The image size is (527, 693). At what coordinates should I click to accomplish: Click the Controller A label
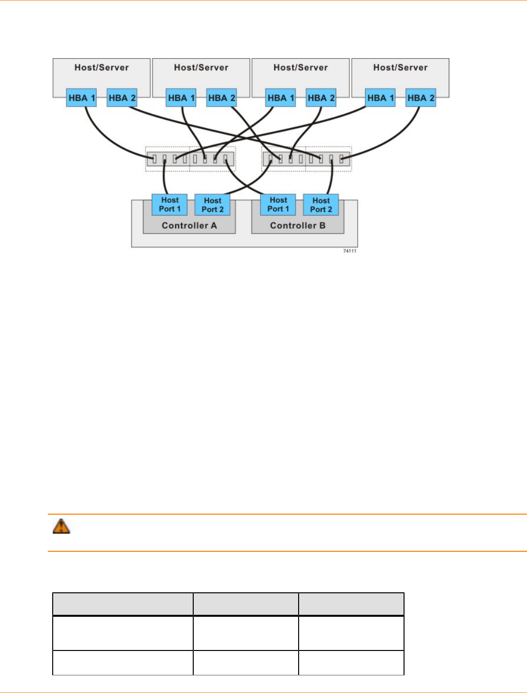tap(189, 225)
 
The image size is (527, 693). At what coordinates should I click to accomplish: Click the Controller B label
tap(298, 225)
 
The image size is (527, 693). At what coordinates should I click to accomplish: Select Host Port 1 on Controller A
tap(170, 204)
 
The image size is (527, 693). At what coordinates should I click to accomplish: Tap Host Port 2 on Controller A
tap(212, 205)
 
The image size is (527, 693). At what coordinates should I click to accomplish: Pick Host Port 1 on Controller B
tap(278, 204)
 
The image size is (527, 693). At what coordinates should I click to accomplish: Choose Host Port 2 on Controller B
tap(321, 205)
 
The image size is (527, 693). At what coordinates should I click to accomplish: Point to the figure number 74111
tap(349, 251)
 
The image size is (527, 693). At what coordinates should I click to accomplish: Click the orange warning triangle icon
tap(61, 526)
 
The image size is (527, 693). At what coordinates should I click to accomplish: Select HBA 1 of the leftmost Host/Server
tap(81, 98)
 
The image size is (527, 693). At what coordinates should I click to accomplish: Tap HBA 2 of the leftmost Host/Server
tap(122, 98)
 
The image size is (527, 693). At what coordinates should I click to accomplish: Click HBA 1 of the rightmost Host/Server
tap(381, 98)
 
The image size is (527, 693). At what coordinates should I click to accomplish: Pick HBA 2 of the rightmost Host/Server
tap(421, 98)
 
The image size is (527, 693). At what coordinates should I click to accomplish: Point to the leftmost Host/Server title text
tap(101, 67)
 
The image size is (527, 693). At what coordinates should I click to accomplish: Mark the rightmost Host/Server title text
tap(400, 67)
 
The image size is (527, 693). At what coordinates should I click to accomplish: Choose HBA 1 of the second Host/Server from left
tap(181, 98)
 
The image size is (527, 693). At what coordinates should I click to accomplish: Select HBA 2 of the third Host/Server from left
tap(321, 98)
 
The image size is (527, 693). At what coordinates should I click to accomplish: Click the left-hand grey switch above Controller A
tap(190, 159)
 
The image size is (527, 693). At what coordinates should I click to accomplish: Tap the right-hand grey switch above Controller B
tap(306, 159)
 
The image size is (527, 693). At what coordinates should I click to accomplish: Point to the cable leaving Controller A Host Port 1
tap(165, 181)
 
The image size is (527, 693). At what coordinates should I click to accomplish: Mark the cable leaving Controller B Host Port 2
tap(331, 181)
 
